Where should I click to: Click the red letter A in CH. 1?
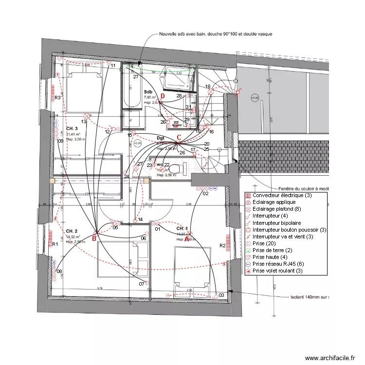coord(187,238)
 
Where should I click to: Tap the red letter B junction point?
coord(94,238)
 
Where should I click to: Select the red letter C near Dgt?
coord(179,137)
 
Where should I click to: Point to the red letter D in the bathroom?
coord(163,97)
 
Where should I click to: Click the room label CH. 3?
coord(72,128)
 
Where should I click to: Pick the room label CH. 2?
coord(72,231)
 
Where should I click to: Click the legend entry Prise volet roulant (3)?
coord(277,270)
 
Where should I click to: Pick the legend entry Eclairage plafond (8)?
coord(275,209)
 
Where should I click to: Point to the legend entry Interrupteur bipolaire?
coord(275,222)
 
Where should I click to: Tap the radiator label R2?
coord(222,246)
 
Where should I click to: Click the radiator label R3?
coord(57,98)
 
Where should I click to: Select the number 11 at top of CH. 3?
coord(113,65)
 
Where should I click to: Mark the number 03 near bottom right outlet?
coord(221,295)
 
